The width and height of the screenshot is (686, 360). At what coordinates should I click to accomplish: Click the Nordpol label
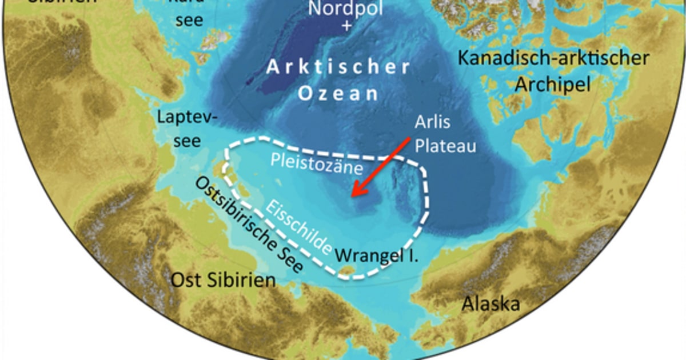(344, 9)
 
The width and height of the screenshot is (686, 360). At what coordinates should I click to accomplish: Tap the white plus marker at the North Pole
(344, 26)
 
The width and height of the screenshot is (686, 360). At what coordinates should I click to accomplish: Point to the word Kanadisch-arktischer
(554, 58)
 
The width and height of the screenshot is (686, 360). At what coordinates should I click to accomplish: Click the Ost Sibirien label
(224, 281)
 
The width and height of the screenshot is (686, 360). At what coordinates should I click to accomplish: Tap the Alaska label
(491, 303)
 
